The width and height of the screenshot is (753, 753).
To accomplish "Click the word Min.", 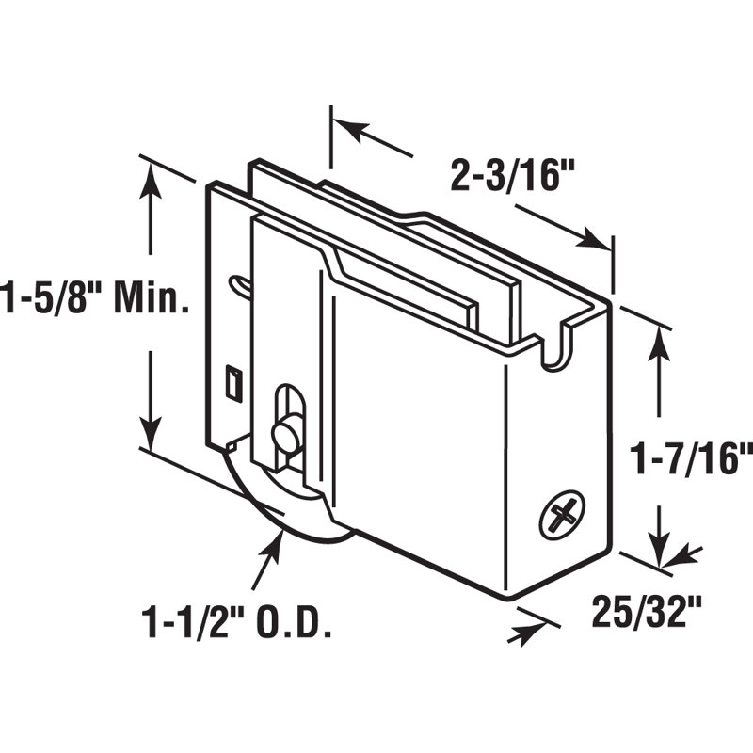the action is [x=150, y=296].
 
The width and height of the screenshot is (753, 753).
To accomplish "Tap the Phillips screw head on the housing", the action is [x=563, y=515].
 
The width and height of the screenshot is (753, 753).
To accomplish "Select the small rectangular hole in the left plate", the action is [x=233, y=382].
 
